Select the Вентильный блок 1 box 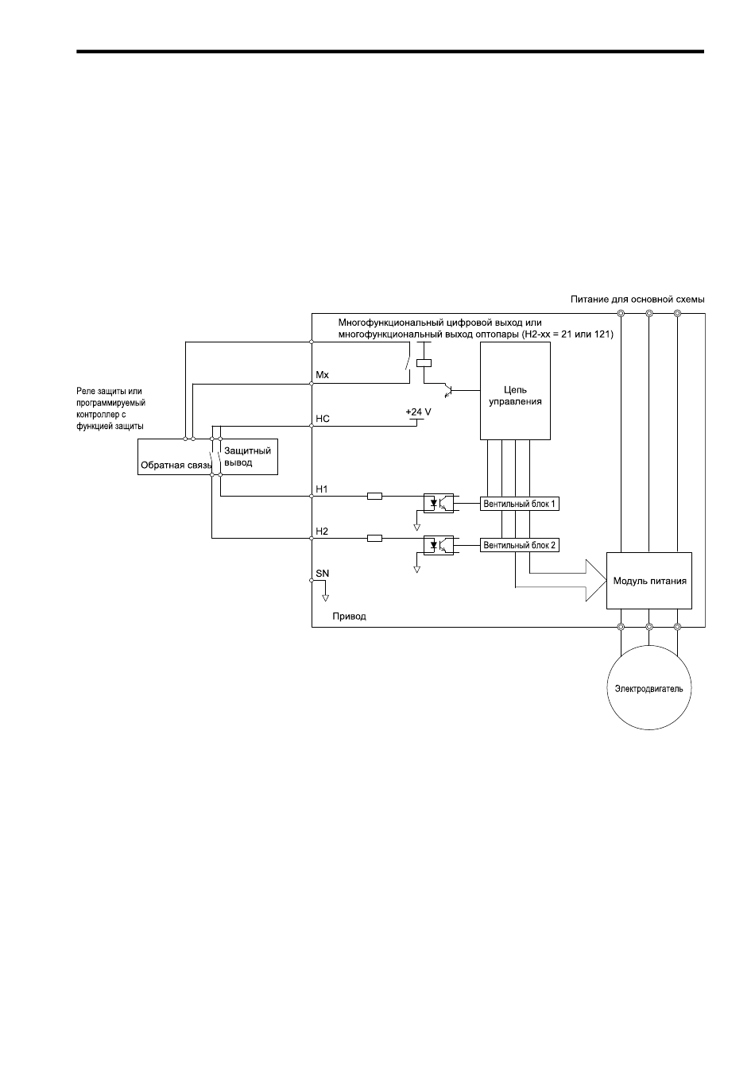pos(519,504)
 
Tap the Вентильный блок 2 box pos(519,545)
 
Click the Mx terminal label pos(323,375)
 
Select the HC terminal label pos(323,419)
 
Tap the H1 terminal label pos(322,489)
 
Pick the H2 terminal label pos(322,532)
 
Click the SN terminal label pos(323,574)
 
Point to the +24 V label pos(418,412)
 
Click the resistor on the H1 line pos(374,497)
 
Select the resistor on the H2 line pos(374,539)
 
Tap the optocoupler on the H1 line pos(439,503)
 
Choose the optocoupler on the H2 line pos(439,545)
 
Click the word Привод pos(350,617)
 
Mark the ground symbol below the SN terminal pos(325,597)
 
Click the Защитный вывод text pos(248,457)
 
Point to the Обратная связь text pos(176,466)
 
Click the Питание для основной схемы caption pos(637,300)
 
